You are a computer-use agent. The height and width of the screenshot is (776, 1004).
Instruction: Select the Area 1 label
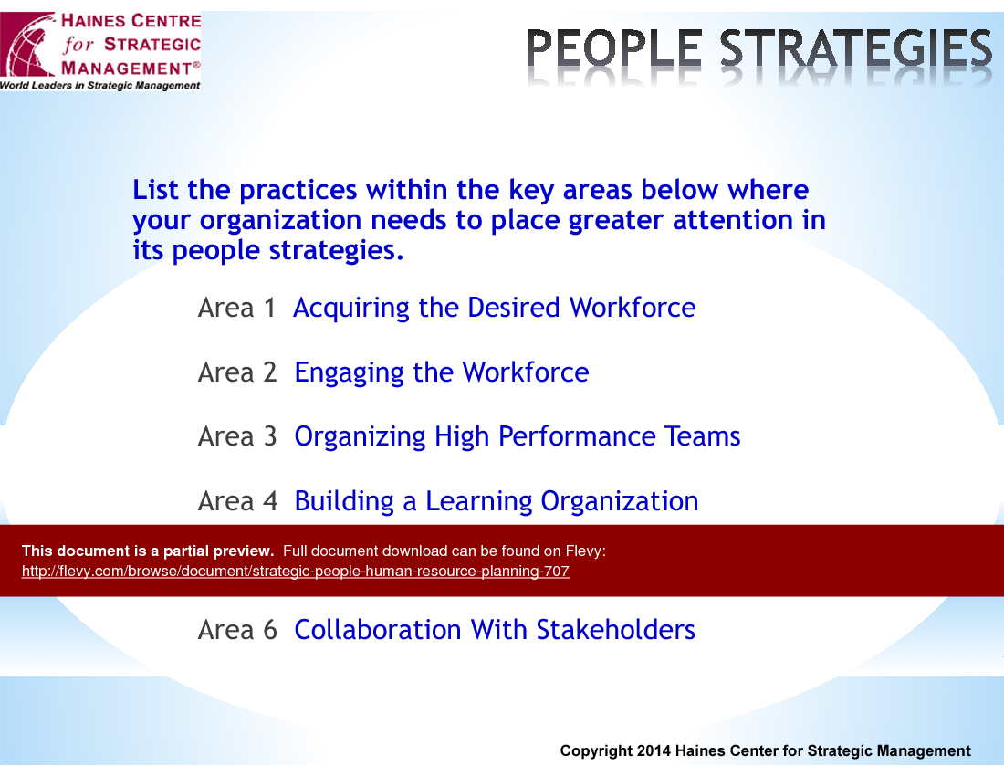tap(237, 308)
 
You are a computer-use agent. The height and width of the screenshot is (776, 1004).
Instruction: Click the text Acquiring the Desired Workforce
tap(495, 309)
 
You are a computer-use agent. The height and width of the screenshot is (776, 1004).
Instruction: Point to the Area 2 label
tap(237, 372)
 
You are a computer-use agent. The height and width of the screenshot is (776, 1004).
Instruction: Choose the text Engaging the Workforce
tap(441, 373)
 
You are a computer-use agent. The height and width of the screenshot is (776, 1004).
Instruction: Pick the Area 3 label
tap(237, 436)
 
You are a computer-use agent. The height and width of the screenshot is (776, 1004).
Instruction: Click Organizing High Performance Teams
tap(518, 437)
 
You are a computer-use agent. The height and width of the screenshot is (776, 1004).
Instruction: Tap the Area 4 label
tap(237, 501)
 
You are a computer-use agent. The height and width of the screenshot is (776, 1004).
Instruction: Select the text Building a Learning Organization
tap(497, 502)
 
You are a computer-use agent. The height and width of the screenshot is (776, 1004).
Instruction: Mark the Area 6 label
tap(237, 630)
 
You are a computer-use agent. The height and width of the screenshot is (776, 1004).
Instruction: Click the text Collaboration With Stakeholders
tap(495, 630)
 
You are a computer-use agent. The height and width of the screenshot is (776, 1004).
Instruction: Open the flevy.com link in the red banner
tap(295, 572)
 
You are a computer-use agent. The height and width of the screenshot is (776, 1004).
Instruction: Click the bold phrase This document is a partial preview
tap(148, 551)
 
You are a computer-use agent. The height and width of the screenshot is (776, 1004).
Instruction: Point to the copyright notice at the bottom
tap(765, 751)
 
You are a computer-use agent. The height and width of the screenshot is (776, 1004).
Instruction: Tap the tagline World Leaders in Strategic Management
tap(99, 85)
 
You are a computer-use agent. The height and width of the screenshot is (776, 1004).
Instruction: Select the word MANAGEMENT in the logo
tap(127, 68)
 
